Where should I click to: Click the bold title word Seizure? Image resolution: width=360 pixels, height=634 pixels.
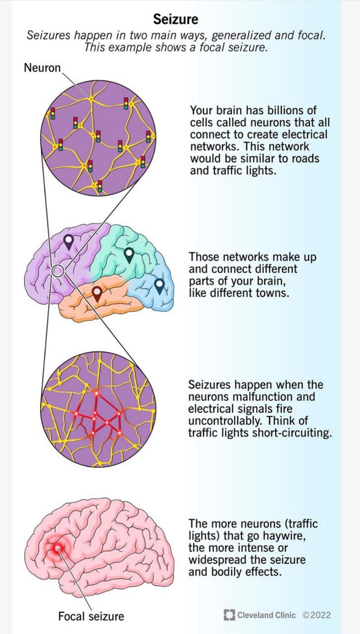tap(176, 19)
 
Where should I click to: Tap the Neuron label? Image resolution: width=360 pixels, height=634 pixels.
tap(43, 68)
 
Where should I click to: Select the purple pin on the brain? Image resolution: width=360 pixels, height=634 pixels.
tap(68, 242)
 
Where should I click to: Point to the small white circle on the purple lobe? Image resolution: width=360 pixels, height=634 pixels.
tap(58, 271)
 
